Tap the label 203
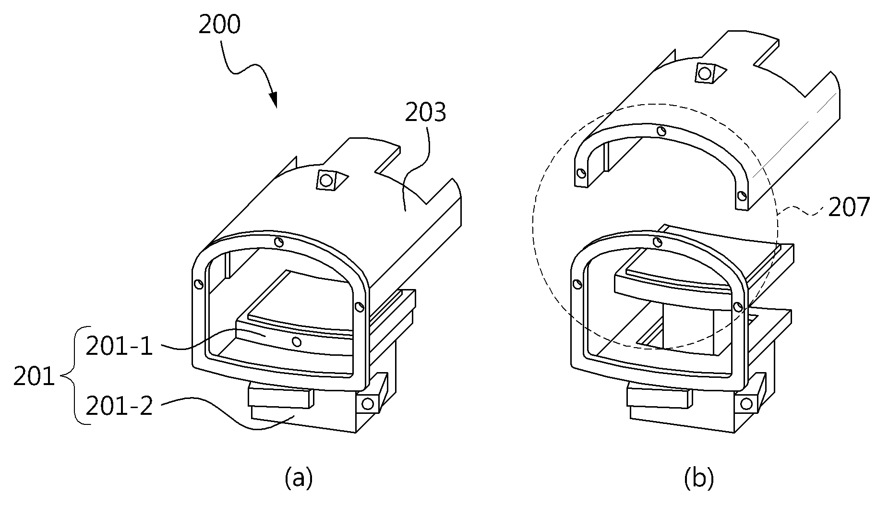point(425,112)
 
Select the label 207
point(849,207)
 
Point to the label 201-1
point(120,346)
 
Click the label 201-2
point(120,406)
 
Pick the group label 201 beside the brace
point(34,377)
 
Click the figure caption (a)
point(299,478)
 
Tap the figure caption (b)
point(699,478)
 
